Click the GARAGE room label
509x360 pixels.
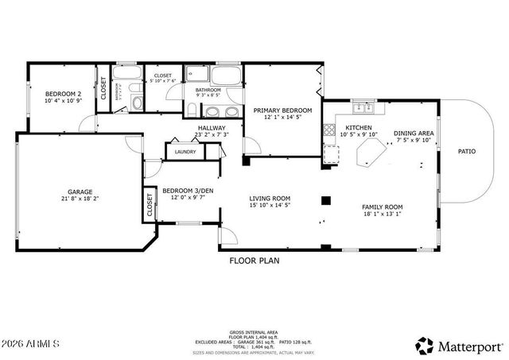pyautogui.click(x=80, y=192)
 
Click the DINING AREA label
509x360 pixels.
pyautogui.click(x=414, y=133)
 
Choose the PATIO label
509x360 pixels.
pyautogui.click(x=467, y=151)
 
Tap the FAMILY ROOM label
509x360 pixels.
pyautogui.click(x=383, y=206)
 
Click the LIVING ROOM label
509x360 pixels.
pyautogui.click(x=270, y=199)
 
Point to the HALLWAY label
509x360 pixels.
pyautogui.click(x=211, y=128)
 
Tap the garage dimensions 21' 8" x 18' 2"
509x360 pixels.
pyautogui.click(x=80, y=199)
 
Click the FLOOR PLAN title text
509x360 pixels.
pyautogui.click(x=254, y=259)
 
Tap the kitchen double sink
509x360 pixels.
pyautogui.click(x=364, y=106)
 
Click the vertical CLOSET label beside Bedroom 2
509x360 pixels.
pyautogui.click(x=103, y=88)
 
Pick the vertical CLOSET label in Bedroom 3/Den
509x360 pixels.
pyautogui.click(x=150, y=205)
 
